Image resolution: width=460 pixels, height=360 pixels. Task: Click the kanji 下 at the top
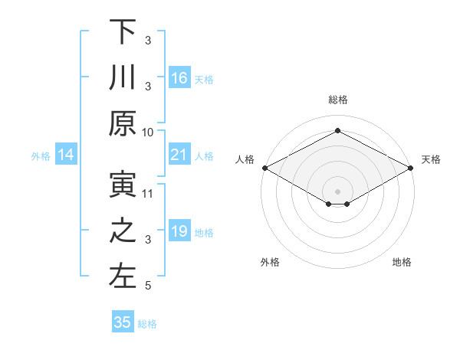(x=123, y=33)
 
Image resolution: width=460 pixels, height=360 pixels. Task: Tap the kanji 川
(x=123, y=78)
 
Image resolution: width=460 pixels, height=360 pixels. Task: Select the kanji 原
(x=123, y=123)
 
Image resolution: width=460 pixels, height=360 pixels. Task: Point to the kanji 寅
(x=123, y=186)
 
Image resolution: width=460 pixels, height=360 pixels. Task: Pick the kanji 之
(x=123, y=231)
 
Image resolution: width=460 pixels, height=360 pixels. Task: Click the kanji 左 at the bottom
(x=123, y=277)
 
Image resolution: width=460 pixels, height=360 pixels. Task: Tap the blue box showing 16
(x=179, y=78)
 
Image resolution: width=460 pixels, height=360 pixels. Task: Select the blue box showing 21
(x=179, y=155)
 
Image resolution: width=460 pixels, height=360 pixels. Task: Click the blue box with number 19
(x=179, y=231)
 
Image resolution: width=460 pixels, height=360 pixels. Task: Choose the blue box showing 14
(x=66, y=155)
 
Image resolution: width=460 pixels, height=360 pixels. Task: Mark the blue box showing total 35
(x=123, y=322)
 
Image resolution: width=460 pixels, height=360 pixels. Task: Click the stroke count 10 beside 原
(x=148, y=132)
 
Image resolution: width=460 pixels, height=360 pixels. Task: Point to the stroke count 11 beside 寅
(x=148, y=194)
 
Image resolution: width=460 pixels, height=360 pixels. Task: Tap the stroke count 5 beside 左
(x=148, y=286)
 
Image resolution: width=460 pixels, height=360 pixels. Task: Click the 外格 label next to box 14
(x=41, y=156)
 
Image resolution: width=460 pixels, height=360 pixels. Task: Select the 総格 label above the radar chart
(x=337, y=100)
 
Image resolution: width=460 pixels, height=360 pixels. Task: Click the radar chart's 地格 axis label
(x=402, y=263)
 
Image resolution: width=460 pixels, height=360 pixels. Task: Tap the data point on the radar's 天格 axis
(x=411, y=168)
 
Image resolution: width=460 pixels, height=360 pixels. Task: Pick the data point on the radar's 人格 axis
(x=264, y=168)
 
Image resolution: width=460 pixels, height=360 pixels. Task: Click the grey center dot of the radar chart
(x=337, y=191)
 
